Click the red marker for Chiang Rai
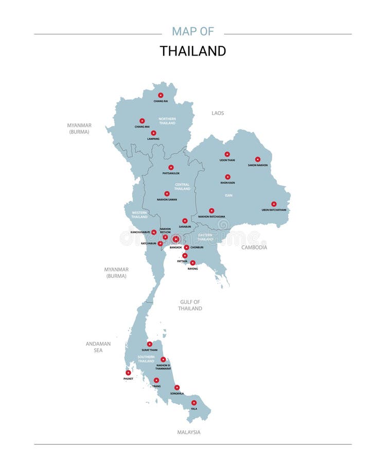[x=161, y=95]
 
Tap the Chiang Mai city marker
[x=142, y=121]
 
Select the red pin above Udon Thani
[x=227, y=154]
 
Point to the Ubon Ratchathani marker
[x=274, y=204]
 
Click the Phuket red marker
[x=128, y=372]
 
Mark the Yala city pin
[x=194, y=403]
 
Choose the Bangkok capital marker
[x=176, y=239]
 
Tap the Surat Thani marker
[x=150, y=344]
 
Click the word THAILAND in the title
[x=192, y=51]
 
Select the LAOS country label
[x=218, y=113]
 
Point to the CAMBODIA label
[x=254, y=247]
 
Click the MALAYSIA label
[x=189, y=433]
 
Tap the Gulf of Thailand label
[x=190, y=305]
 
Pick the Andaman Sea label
[x=98, y=347]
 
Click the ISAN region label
[x=229, y=195]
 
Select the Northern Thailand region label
[x=167, y=121]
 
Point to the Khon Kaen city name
[x=227, y=183]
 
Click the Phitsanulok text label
[x=171, y=173]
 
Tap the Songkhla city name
[x=177, y=394]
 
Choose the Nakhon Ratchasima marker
[x=212, y=210]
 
